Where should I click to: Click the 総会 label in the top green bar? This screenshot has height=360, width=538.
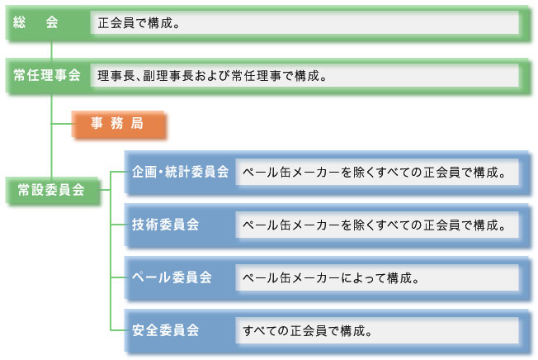[35, 24]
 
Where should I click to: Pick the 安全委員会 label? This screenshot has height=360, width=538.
[166, 330]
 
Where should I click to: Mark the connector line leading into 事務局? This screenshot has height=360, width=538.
[62, 124]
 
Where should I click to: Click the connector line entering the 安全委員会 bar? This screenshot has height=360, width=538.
[117, 330]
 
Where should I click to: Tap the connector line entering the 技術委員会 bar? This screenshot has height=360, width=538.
[117, 224]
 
